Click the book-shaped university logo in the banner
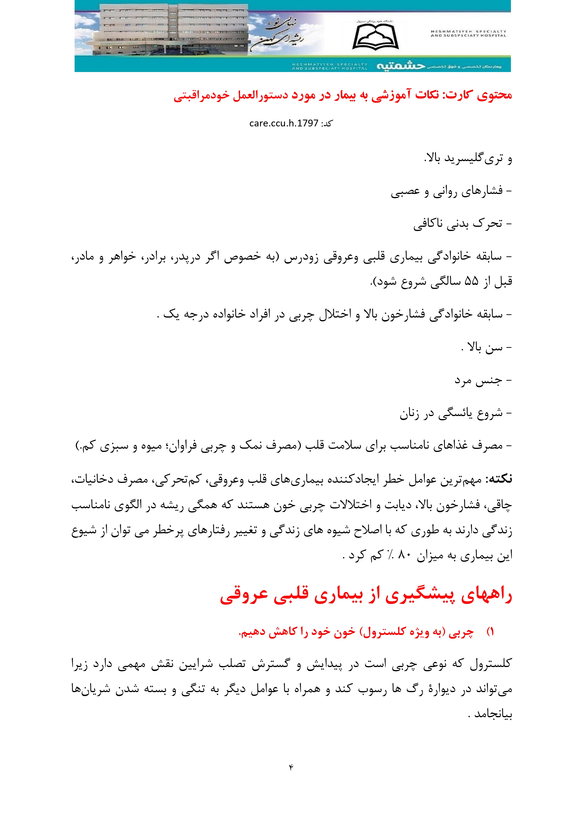click(x=375, y=36)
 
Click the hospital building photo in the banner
click(x=161, y=30)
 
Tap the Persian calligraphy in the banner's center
click(x=283, y=34)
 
